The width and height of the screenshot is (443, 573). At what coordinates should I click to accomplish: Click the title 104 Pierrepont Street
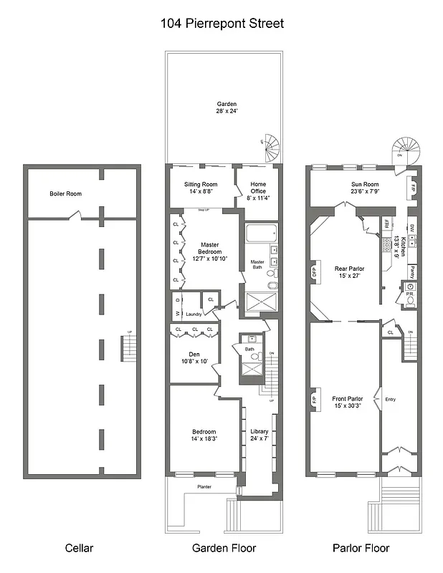point(221,24)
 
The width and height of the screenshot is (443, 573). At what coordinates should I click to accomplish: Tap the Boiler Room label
point(65,194)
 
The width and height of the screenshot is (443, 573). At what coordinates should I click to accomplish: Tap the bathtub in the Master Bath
point(259,234)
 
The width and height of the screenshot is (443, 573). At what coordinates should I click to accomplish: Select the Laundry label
point(194,314)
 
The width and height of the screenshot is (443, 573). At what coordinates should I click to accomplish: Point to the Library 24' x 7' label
point(259,435)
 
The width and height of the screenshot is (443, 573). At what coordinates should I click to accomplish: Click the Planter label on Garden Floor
point(203,486)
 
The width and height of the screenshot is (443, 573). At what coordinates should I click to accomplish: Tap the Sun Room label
point(364,188)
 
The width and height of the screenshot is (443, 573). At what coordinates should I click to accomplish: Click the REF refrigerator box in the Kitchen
point(386,224)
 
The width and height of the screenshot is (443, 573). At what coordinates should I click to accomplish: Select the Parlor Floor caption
point(361,549)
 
